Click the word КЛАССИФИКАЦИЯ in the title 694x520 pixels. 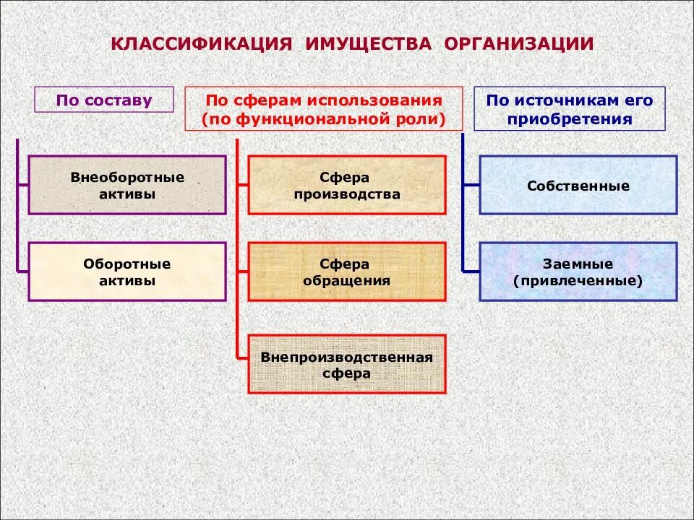(201, 44)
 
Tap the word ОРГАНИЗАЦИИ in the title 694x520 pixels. (519, 44)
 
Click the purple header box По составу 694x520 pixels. (104, 100)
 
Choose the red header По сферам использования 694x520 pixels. (323, 109)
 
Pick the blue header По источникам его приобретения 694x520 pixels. (570, 109)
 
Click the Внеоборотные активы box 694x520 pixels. (127, 185)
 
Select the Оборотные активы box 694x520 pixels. (127, 272)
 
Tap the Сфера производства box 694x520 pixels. (347, 185)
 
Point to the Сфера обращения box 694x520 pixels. (347, 272)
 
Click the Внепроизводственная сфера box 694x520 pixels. (347, 364)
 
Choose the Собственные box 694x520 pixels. (578, 185)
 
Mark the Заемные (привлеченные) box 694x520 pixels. (578, 272)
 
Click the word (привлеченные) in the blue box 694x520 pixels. (578, 281)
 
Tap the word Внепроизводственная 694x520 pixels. (347, 357)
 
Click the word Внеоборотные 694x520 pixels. (127, 176)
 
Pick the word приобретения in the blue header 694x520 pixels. (570, 118)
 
